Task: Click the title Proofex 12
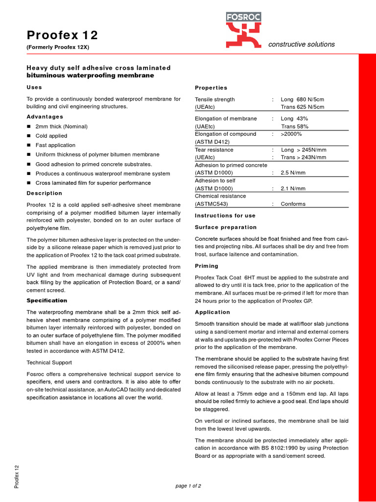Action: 62,35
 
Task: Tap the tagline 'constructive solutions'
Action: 302,44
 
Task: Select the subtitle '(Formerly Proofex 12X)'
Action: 58,48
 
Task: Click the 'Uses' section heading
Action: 34,87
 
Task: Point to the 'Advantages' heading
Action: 45,117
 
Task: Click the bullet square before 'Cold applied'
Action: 29,136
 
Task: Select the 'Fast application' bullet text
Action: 55,145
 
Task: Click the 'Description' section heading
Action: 45,193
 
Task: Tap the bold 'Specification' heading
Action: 47,301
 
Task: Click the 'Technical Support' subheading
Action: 49,362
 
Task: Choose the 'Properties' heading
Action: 211,88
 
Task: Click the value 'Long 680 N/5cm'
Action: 302,99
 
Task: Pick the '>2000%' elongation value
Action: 291,134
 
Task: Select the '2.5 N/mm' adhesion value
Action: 293,173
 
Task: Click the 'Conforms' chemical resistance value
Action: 293,204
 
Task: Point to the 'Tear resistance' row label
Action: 214,150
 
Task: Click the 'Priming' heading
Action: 207,266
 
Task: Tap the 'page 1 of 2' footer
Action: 188,486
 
